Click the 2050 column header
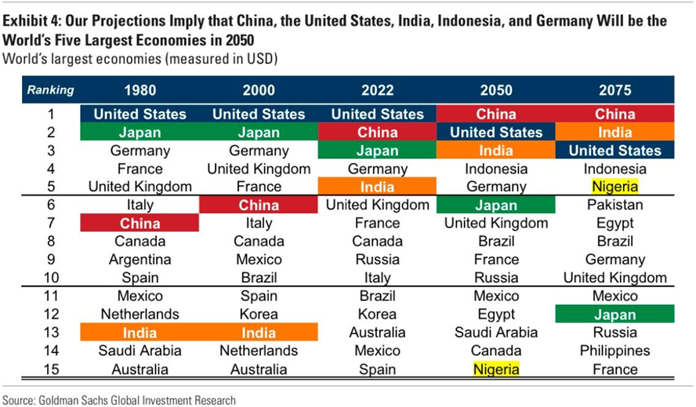(495, 90)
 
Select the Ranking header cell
(50, 90)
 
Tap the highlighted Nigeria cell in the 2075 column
(614, 187)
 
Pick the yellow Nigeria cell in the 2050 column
(495, 369)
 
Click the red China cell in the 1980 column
(140, 223)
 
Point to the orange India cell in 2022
(377, 187)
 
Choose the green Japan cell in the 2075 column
(614, 314)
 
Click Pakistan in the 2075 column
(614, 205)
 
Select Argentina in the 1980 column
(140, 260)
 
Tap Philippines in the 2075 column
(614, 351)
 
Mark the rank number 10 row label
(50, 278)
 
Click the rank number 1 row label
(50, 114)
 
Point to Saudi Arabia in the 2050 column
(495, 333)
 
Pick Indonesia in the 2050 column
(495, 169)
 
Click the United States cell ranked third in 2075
(614, 151)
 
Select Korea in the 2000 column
(259, 314)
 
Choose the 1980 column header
(140, 90)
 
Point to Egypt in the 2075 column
(614, 223)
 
